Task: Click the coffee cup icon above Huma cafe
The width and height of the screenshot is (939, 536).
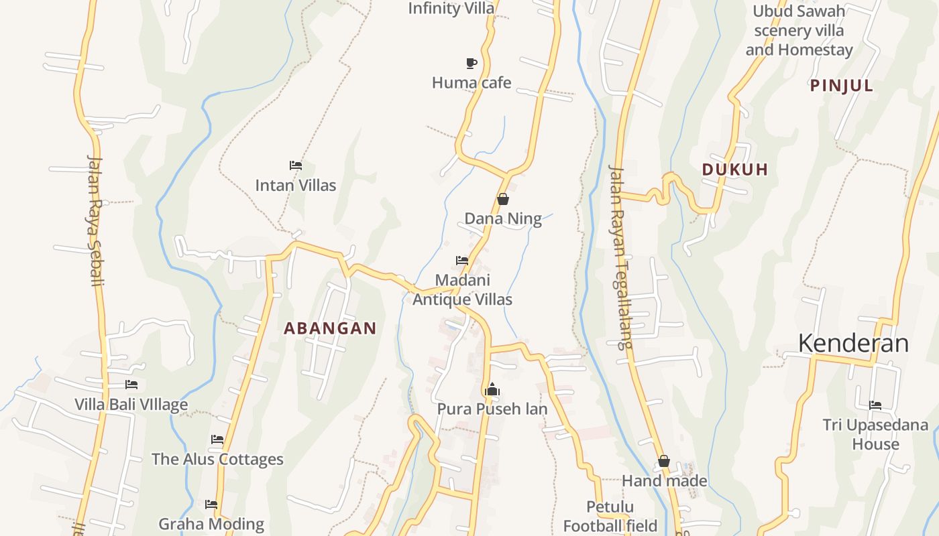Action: click(x=472, y=63)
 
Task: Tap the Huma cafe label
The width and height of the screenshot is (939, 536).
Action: click(x=472, y=83)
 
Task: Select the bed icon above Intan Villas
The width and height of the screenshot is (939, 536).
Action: click(x=296, y=165)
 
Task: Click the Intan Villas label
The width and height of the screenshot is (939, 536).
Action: click(x=296, y=185)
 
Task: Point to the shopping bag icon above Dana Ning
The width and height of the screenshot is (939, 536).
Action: click(x=503, y=199)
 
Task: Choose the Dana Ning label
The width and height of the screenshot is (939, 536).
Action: click(x=503, y=218)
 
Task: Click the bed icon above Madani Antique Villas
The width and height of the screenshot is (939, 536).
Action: click(x=462, y=260)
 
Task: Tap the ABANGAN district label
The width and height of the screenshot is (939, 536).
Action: click(x=330, y=328)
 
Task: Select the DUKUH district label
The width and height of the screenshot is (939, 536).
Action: click(x=735, y=170)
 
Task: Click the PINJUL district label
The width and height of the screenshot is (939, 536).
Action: click(x=842, y=85)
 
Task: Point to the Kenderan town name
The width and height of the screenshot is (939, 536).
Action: click(x=853, y=343)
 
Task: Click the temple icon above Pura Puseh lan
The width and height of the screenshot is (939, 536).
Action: click(x=492, y=389)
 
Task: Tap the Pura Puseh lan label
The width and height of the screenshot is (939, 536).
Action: click(x=492, y=409)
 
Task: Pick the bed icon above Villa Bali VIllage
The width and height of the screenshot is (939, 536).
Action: click(x=131, y=385)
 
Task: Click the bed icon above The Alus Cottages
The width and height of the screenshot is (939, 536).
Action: click(x=217, y=440)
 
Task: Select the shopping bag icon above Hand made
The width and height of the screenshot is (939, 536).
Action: click(x=664, y=461)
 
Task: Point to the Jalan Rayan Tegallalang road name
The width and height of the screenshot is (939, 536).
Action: click(x=620, y=256)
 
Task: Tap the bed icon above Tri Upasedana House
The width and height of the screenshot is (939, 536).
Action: click(x=875, y=405)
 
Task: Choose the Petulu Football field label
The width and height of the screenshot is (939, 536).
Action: click(x=610, y=516)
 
